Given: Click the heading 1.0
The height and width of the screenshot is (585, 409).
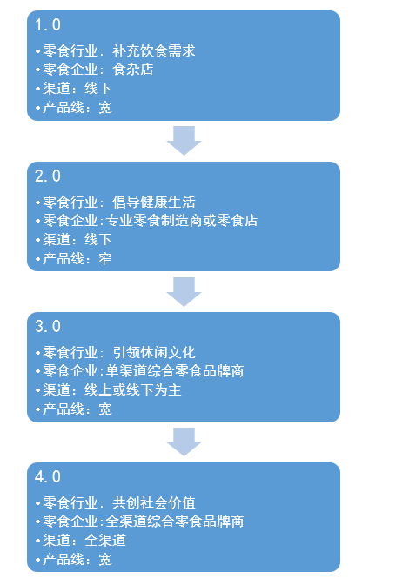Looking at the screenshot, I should (48, 26).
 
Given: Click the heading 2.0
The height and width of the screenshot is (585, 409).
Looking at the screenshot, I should (48, 176).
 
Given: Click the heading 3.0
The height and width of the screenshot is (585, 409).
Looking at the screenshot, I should (48, 327).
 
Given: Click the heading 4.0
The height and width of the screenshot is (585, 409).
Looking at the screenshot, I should (48, 477).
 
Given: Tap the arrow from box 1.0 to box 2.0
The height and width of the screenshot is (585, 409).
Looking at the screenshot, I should (184, 140).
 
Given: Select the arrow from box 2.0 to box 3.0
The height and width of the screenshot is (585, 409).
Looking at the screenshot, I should (184, 291).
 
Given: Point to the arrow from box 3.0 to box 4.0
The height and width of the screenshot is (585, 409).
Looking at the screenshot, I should (184, 442).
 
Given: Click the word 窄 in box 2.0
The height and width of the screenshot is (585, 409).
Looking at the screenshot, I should (105, 258).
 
